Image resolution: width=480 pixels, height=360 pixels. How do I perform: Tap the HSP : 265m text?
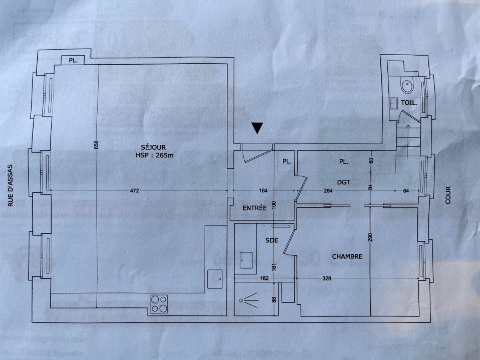[x=154, y=156]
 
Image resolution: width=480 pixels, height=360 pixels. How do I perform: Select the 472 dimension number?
[x=134, y=191]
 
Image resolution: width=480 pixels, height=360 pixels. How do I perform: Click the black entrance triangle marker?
[x=258, y=128]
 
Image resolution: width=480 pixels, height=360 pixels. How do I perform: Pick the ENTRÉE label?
[x=254, y=208]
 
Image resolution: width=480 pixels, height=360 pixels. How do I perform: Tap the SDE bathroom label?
[x=272, y=240]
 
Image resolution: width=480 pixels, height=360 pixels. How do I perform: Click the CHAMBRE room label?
[x=347, y=256]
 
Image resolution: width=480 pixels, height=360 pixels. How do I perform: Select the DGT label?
[x=343, y=182]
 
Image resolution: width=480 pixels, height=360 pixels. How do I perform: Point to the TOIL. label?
[x=409, y=102]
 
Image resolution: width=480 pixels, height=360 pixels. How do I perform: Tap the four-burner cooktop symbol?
[x=159, y=304]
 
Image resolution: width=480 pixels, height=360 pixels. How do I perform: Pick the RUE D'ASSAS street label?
[x=11, y=186]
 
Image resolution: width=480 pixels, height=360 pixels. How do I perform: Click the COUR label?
[x=448, y=195]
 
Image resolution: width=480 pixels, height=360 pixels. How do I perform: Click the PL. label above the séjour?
[x=73, y=61]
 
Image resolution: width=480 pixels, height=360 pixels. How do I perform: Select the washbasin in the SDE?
[x=245, y=260]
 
